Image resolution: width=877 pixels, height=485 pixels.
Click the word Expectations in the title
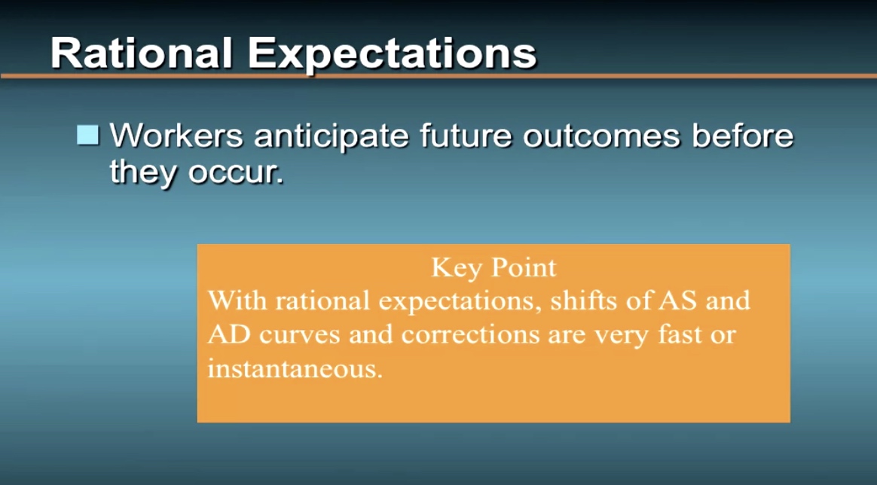click(392, 54)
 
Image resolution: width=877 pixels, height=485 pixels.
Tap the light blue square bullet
click(88, 136)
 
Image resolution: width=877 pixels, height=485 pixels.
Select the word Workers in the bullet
click(177, 135)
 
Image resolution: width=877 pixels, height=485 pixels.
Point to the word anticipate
click(332, 137)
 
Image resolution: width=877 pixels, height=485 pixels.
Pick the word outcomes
click(601, 136)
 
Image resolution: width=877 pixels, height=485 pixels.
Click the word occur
click(236, 173)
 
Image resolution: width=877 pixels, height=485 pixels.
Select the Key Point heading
click(494, 267)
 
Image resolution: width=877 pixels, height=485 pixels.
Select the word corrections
click(470, 335)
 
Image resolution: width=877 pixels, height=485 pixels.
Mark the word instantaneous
click(295, 368)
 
